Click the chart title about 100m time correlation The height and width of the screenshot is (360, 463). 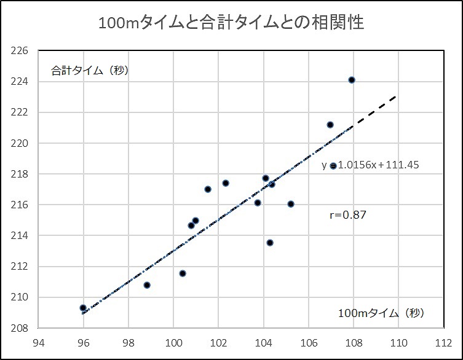point(231,23)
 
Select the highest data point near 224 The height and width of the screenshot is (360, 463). point(352,80)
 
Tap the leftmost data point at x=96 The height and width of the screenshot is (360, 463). point(83,308)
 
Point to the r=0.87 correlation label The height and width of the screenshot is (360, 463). point(349,215)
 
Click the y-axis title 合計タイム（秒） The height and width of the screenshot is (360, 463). point(89,70)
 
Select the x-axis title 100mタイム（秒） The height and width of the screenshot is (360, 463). point(381,313)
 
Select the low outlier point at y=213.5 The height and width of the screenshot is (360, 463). point(270,243)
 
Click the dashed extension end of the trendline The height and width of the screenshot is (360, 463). point(394,97)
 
